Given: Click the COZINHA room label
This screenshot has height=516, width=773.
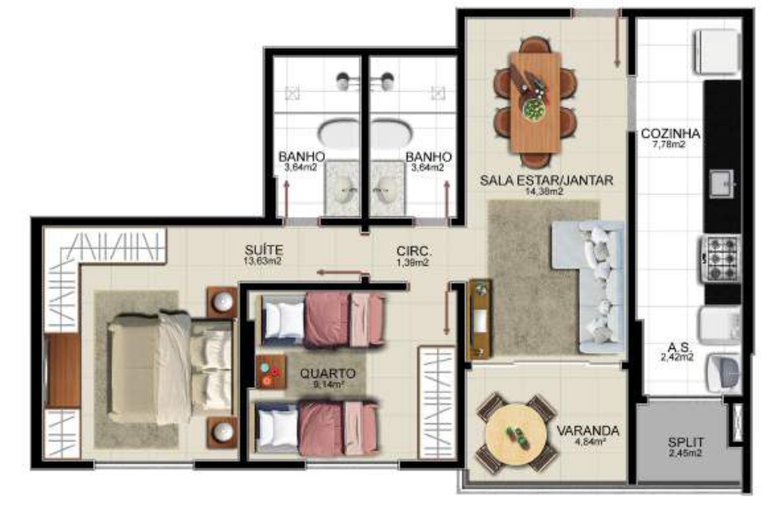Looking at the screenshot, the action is (670, 133).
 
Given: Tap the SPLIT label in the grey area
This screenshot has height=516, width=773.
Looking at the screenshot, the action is (685, 442).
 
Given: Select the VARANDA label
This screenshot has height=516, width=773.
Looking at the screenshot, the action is (587, 431).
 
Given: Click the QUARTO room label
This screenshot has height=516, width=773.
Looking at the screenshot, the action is (328, 373).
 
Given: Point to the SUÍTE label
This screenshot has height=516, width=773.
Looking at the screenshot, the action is (263, 250).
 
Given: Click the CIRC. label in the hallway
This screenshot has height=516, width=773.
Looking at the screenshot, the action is (413, 251).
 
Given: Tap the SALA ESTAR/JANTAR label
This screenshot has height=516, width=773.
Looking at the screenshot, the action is (547, 180).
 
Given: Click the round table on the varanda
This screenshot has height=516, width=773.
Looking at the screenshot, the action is (516, 435).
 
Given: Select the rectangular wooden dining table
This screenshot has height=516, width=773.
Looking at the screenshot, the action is (535, 102).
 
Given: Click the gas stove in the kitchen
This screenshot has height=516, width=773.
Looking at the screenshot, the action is (721, 259).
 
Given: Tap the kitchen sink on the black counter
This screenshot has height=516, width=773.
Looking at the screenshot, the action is (722, 183).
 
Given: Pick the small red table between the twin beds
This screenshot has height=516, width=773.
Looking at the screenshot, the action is (271, 372).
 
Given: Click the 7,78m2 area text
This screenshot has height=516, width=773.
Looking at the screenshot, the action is (669, 144).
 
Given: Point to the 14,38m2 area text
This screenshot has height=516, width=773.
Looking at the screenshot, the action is (544, 191).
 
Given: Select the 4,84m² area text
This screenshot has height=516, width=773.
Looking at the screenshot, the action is (590, 441).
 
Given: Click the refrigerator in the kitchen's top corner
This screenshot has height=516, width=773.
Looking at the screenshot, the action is (717, 52).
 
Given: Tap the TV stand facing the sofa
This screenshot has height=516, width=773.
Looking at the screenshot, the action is (479, 319).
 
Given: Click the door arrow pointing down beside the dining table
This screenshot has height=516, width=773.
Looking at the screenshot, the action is (617, 41).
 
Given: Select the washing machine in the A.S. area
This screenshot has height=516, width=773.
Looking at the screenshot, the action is (724, 373).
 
